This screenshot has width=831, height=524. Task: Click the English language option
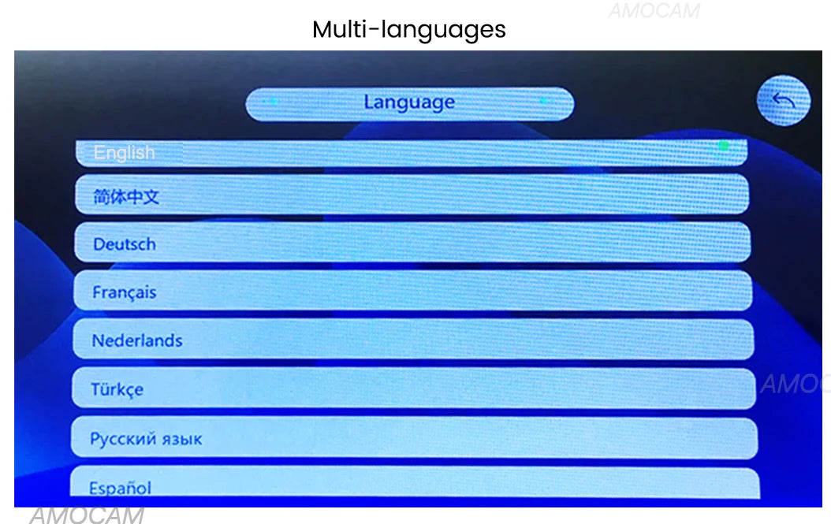[x=412, y=153]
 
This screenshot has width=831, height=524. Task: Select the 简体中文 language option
[x=412, y=195]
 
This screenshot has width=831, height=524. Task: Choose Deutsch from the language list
[x=412, y=242]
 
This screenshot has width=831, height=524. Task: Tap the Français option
[x=413, y=290]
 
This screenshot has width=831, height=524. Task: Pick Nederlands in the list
[x=413, y=339]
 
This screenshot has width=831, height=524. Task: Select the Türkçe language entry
[x=413, y=388]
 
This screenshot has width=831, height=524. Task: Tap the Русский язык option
[x=414, y=437]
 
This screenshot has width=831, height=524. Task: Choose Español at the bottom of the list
[x=415, y=483]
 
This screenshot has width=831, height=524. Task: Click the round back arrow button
[x=784, y=101]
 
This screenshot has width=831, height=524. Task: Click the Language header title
[x=409, y=102]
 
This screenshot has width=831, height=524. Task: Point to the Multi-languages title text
[x=409, y=30]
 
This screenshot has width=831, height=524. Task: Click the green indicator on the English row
[x=724, y=146]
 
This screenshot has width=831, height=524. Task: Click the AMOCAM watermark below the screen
[x=87, y=515]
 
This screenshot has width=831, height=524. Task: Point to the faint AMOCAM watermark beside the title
[x=654, y=10]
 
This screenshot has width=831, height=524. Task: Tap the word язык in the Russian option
[x=182, y=440]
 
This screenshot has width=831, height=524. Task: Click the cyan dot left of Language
[x=273, y=101]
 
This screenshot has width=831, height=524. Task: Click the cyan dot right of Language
[x=544, y=101]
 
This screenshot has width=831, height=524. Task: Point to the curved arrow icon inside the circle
[x=784, y=99]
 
